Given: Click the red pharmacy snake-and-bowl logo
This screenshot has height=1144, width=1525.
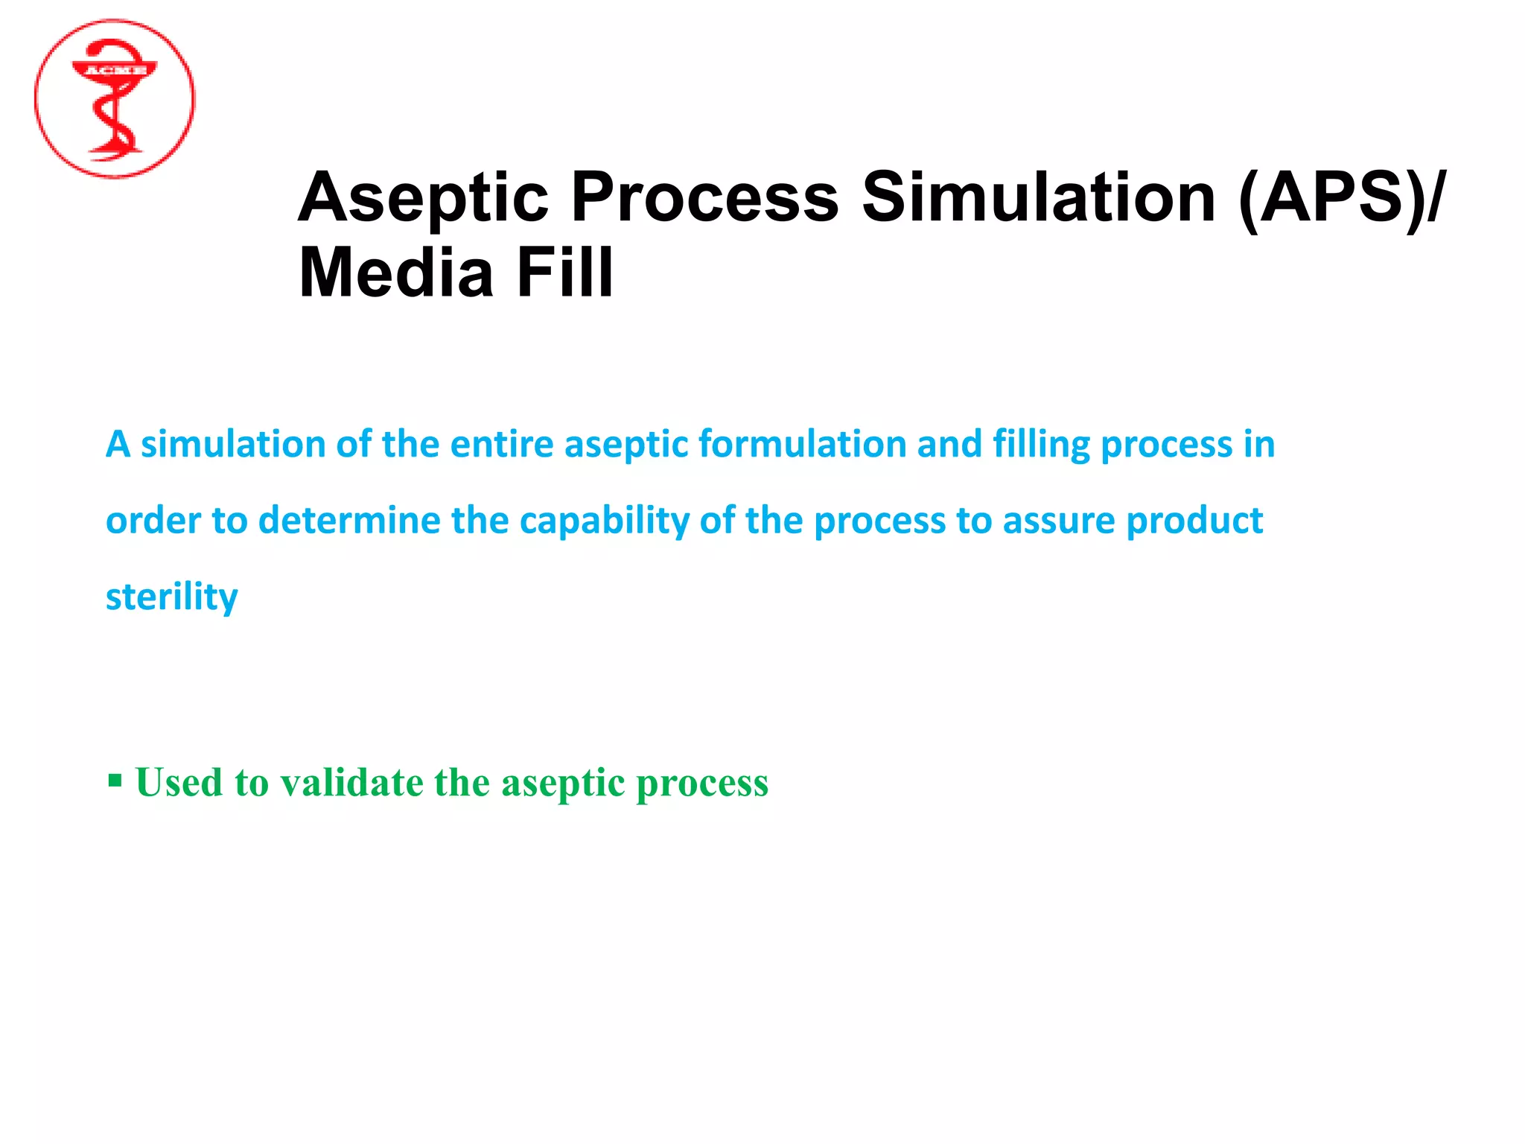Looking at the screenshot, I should [115, 99].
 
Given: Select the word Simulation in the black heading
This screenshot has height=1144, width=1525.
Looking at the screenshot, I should [1038, 197].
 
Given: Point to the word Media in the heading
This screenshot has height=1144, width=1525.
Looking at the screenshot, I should [396, 273].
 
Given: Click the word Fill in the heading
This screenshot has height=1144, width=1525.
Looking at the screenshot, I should [564, 273].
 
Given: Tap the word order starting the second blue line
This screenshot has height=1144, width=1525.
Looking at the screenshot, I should [153, 521].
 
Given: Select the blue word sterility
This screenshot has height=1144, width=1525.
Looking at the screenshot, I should [171, 597].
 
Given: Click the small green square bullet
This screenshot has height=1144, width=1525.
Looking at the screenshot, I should [115, 781].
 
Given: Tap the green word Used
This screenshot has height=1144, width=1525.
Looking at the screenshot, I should [179, 783].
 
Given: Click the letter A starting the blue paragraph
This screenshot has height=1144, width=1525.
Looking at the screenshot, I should [118, 445].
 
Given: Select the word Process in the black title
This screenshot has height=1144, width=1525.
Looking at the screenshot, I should [704, 197].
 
